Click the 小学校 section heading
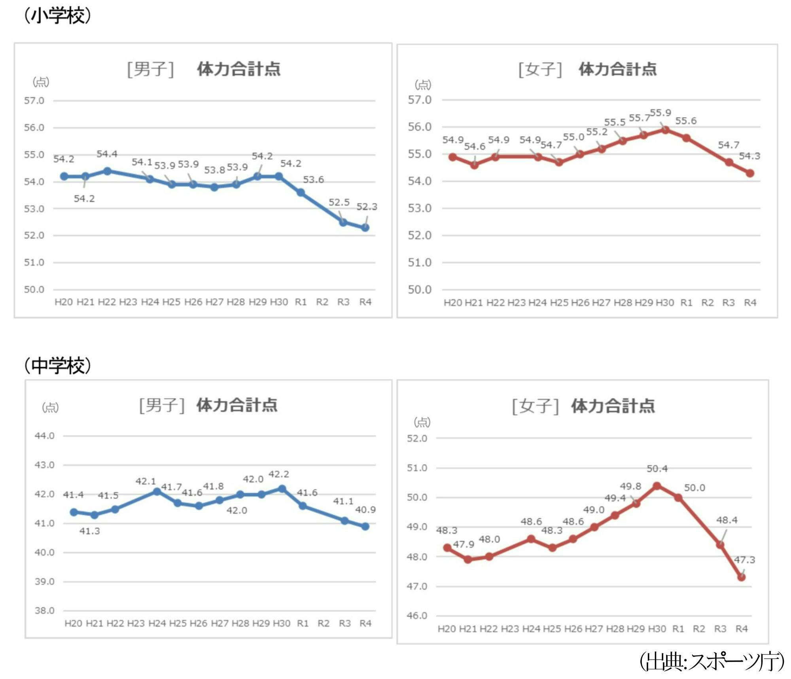[58, 16]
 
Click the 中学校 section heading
[58, 365]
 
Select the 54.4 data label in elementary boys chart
[107, 154]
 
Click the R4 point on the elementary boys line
[365, 228]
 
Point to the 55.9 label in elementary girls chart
[660, 113]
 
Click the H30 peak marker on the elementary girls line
[665, 130]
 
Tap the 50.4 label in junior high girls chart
[657, 468]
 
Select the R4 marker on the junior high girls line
[742, 577]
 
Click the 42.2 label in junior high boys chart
[279, 474]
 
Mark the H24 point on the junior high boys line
[157, 491]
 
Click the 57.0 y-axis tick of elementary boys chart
[34, 101]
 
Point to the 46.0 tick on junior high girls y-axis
[417, 616]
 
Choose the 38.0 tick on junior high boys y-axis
[44, 611]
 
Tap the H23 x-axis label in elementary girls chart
[517, 303]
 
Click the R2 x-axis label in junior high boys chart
[324, 624]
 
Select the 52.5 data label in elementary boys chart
[339, 202]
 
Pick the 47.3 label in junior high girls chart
[745, 560]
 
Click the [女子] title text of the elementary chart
[540, 69]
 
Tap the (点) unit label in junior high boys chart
[50, 407]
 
